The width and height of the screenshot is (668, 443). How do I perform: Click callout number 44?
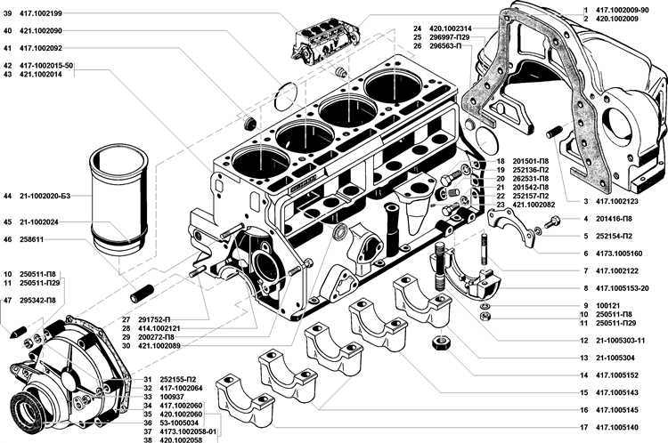click(8, 195)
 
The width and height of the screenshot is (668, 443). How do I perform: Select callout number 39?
click(8, 12)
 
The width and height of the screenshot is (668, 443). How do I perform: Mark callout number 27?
click(126, 319)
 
